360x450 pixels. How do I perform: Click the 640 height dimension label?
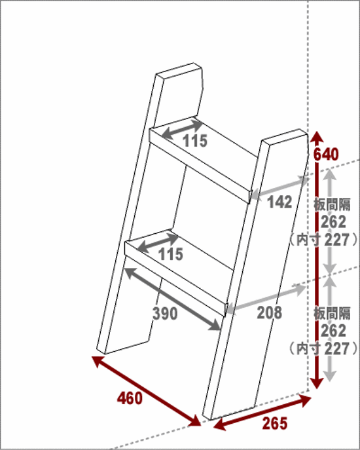325,155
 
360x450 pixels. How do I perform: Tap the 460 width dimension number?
130,399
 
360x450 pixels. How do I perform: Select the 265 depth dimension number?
275,424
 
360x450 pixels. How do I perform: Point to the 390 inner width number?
165,313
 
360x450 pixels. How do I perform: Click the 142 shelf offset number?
279,202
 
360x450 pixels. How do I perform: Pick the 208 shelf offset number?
270,312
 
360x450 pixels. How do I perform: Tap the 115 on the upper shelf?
195,141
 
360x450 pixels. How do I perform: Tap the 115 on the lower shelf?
171,254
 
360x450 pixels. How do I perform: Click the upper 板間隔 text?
332,204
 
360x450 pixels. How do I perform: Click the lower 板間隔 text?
332,313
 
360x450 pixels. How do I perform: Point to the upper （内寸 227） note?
323,240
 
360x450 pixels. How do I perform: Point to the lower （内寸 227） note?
323,348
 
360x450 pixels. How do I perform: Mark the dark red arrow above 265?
262,413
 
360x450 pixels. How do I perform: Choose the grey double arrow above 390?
172,299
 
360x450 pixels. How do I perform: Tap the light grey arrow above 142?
279,187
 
